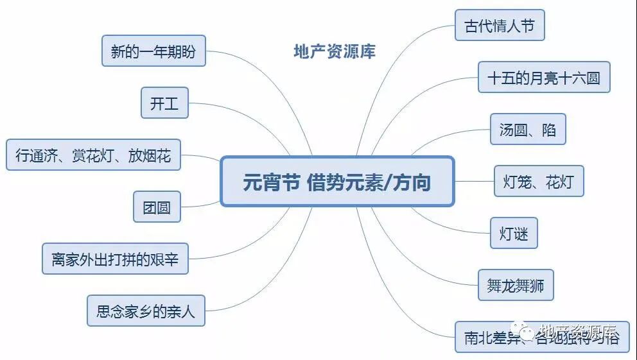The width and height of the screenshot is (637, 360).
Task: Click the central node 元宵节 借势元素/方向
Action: [336, 182]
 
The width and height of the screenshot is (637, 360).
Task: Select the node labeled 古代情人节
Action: [500, 26]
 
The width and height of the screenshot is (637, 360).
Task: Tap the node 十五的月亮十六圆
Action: [543, 78]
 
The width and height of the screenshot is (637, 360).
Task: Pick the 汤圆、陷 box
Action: [528, 130]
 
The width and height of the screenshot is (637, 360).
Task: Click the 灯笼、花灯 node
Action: [538, 182]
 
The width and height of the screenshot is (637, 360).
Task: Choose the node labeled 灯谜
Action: [514, 234]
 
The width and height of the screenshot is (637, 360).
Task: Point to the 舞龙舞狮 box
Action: [516, 286]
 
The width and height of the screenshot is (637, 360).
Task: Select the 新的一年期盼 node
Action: [153, 51]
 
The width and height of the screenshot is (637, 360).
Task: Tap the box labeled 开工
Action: [164, 103]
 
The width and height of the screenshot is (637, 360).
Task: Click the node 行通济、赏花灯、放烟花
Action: [93, 155]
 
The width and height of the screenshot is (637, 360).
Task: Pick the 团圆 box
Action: [157, 207]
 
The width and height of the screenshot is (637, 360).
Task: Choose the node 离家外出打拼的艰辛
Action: [115, 259]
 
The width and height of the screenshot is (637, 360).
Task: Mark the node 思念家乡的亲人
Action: [146, 311]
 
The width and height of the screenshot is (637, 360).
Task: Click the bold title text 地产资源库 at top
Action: [335, 51]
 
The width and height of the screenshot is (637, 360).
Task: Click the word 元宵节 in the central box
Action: [271, 182]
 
